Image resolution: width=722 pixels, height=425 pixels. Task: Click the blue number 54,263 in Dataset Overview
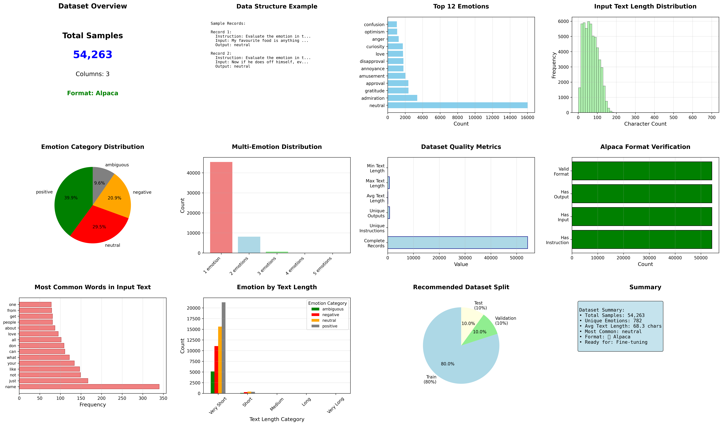pos(93,54)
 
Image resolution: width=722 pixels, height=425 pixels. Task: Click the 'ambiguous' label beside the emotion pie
pos(117,165)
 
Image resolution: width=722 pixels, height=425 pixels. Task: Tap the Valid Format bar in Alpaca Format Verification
pos(642,171)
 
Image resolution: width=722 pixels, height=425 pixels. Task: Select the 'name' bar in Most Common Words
pos(89,387)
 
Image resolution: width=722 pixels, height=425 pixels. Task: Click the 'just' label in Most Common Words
pos(13,381)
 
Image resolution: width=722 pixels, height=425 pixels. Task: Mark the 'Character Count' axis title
pos(645,124)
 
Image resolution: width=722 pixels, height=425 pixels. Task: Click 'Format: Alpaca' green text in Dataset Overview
pos(93,93)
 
